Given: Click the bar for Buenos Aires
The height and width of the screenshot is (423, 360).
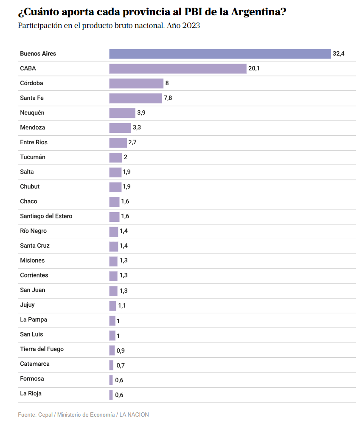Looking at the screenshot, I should (x=220, y=54).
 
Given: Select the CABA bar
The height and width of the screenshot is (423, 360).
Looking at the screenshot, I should (x=178, y=69).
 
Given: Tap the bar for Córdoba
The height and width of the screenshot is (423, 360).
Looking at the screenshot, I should (x=136, y=84).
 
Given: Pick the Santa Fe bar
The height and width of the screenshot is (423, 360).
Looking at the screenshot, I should (x=136, y=98).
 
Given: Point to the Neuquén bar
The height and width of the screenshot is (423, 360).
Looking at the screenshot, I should (x=122, y=113).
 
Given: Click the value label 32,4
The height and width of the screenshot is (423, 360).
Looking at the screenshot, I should (x=338, y=54).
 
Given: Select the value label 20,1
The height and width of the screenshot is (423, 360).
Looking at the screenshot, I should (x=254, y=69).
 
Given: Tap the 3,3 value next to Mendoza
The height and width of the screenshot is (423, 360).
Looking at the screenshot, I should (x=137, y=128).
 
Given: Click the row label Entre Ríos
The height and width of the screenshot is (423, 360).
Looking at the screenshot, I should (x=34, y=142).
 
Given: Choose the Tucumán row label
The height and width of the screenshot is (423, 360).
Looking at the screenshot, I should (x=33, y=157).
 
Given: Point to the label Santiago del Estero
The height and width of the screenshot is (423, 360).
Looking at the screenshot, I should (x=46, y=216).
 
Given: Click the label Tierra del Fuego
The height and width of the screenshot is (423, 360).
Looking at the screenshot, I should (x=42, y=349).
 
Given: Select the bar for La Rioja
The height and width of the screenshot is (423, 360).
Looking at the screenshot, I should (x=111, y=395).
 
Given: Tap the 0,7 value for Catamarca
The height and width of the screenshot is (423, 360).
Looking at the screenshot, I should (x=121, y=366).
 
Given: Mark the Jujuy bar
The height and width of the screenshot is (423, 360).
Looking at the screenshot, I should (x=112, y=305).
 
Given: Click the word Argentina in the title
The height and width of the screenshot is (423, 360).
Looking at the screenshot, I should (x=258, y=12).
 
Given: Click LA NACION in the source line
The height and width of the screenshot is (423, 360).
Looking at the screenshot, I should (x=134, y=415).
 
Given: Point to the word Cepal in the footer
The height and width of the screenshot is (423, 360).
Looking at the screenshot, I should (x=45, y=415).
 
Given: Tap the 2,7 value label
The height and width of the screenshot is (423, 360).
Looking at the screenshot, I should (x=132, y=143).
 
